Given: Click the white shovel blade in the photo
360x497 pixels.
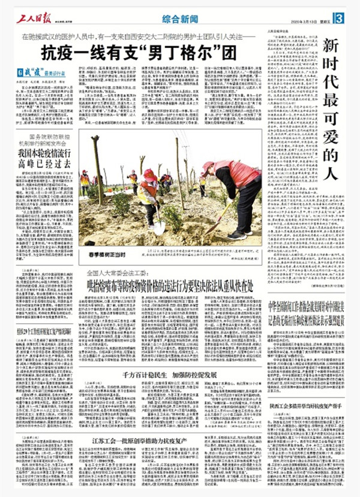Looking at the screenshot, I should (x=160, y=227).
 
